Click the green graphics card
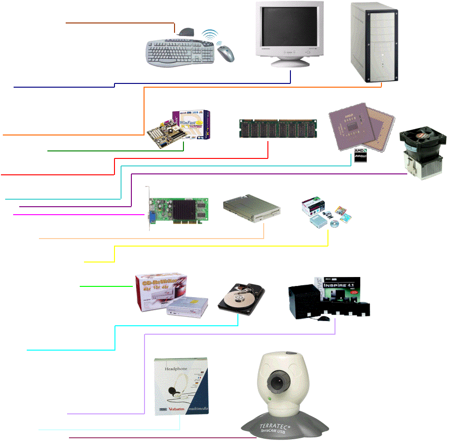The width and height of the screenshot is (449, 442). (178, 211)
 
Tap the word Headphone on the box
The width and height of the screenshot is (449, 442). (176, 369)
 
